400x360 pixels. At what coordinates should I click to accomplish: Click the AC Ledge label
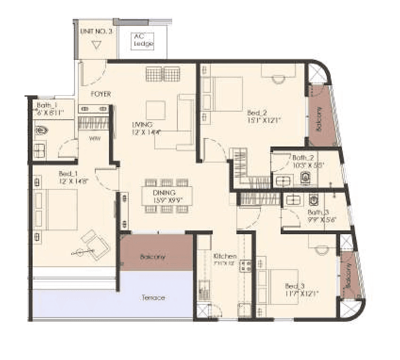pos(143,40)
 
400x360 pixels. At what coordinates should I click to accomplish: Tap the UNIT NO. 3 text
pos(96,32)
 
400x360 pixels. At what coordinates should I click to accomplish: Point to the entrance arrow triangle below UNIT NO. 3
pos(97,46)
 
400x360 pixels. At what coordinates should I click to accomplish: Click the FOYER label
pos(101,94)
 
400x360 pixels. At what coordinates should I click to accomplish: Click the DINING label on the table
pos(164,193)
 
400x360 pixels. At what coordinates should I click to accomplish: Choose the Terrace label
pos(153,298)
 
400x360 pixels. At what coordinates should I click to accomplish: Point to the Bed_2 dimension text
pos(265,120)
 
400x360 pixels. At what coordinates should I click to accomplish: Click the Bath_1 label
pos(46,105)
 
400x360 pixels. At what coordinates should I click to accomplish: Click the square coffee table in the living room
pos(156,110)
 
